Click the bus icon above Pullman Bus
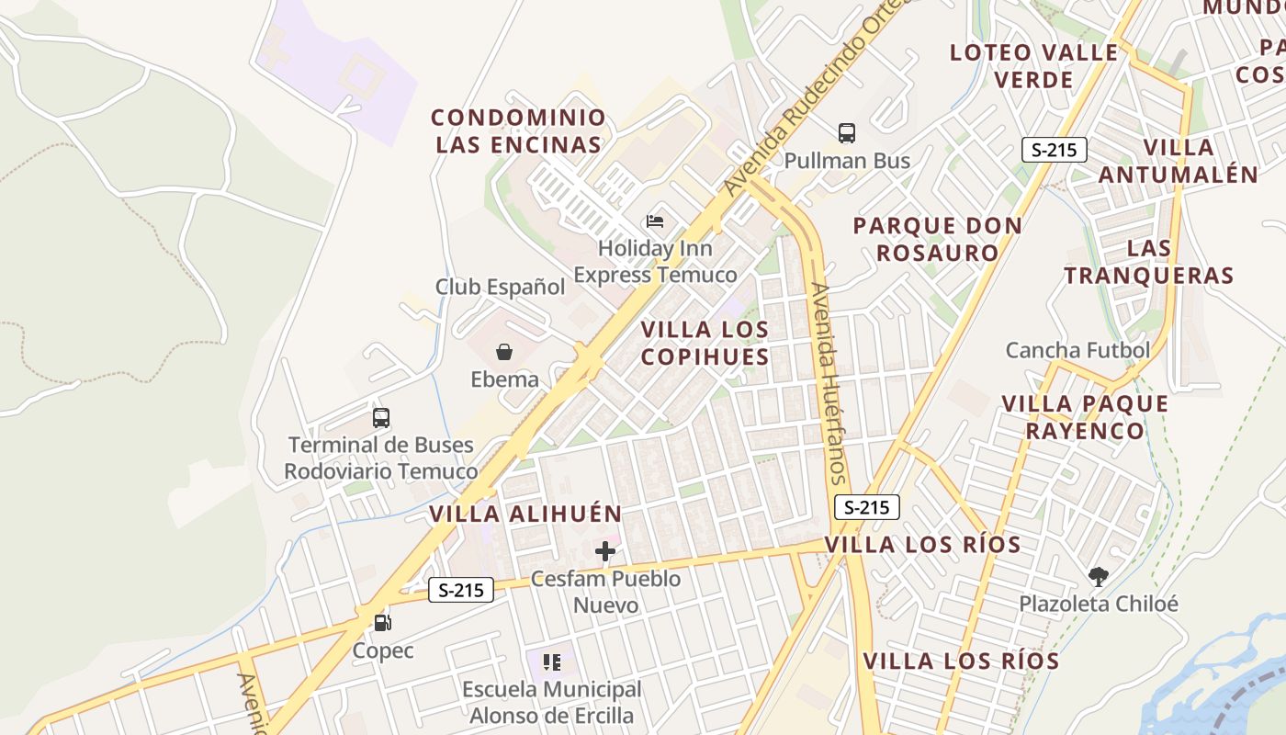[847, 133]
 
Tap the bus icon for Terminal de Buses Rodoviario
[381, 418]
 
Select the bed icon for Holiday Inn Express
[655, 220]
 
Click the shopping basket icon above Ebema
[504, 352]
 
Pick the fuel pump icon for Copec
[383, 623]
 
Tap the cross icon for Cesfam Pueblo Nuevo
[605, 551]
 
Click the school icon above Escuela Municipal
[551, 662]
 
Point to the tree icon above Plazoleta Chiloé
[1098, 577]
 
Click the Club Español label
[501, 287]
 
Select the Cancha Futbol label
[1077, 350]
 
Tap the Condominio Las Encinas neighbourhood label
[519, 130]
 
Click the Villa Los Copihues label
[705, 343]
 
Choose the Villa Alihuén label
[526, 514]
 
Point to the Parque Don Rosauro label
[937, 239]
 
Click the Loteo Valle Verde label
[1034, 65]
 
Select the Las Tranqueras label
[1149, 262]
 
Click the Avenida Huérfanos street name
[828, 382]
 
